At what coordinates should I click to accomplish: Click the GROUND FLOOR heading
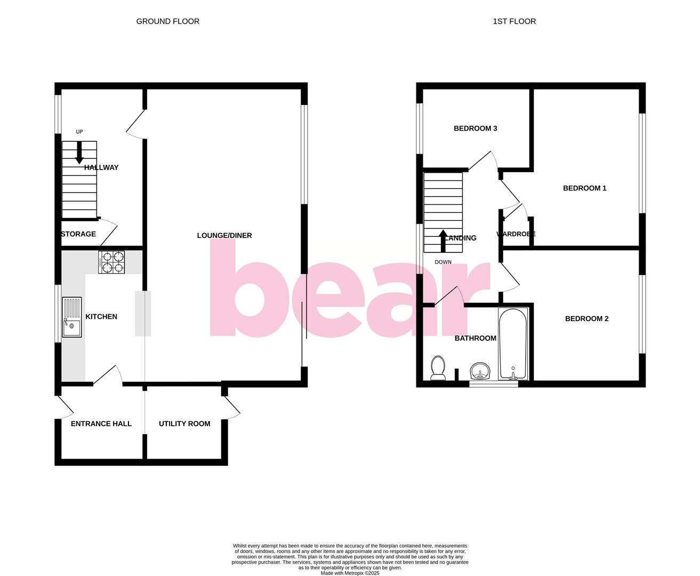click(167, 21)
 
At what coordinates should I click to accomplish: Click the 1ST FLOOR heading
click(514, 21)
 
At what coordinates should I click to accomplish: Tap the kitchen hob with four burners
click(111, 262)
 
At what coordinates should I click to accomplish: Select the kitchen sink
click(72, 317)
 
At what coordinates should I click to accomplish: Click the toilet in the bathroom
click(438, 368)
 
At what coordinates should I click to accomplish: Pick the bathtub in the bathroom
click(513, 343)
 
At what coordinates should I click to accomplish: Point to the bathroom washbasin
click(480, 371)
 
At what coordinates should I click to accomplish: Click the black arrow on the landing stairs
click(443, 241)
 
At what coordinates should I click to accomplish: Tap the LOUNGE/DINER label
click(224, 235)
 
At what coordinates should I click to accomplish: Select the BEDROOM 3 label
click(475, 128)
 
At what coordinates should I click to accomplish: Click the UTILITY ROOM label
click(184, 423)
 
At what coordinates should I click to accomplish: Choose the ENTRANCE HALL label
click(101, 423)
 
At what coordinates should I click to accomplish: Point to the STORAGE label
click(78, 234)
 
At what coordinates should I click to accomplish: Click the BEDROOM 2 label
click(586, 318)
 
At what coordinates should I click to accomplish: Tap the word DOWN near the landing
click(443, 262)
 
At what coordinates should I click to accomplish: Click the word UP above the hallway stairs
click(79, 132)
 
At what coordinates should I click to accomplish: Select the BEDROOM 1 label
click(584, 188)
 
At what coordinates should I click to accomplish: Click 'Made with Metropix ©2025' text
click(350, 573)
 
